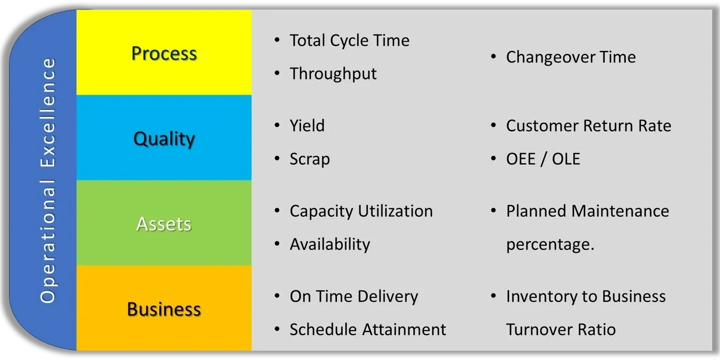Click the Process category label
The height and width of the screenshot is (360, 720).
pos(164,53)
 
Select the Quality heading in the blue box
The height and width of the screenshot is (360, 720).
pos(164,139)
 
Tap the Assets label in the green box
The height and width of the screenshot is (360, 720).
pos(164,224)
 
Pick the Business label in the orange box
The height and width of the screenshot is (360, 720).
pos(164,309)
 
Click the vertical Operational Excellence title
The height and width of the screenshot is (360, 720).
pos(48,180)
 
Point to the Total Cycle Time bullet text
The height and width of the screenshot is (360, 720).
pos(349,40)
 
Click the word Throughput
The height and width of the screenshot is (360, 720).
pos(333,73)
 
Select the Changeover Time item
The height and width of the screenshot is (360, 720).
pos(571,57)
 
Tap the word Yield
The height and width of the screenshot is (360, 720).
pos(307,125)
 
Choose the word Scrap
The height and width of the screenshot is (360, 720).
pos(310,159)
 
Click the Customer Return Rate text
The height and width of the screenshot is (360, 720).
pos(589,125)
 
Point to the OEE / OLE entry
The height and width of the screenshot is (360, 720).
pos(543,159)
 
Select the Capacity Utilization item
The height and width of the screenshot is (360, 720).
pos(361,211)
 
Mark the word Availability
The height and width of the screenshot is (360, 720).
pos(330,244)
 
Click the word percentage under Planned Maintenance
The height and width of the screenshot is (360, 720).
pos(550,244)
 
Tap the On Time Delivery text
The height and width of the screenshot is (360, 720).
pos(354,296)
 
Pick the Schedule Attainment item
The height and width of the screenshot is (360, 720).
pos(368,329)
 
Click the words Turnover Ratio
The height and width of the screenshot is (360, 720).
pos(561,329)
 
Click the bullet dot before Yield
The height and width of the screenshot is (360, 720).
pos(277,125)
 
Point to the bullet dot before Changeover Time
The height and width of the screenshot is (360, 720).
pos(493,57)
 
